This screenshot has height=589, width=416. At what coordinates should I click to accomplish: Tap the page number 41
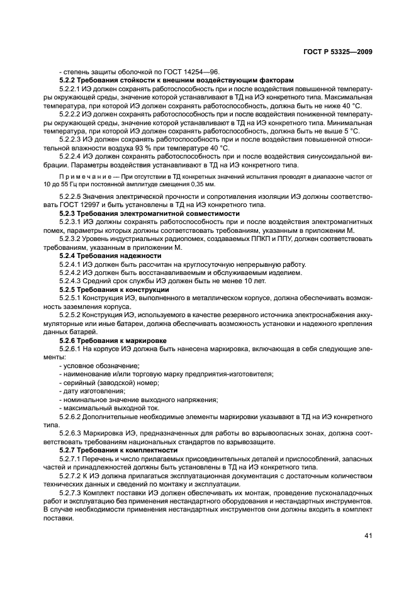[x=368, y=536]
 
